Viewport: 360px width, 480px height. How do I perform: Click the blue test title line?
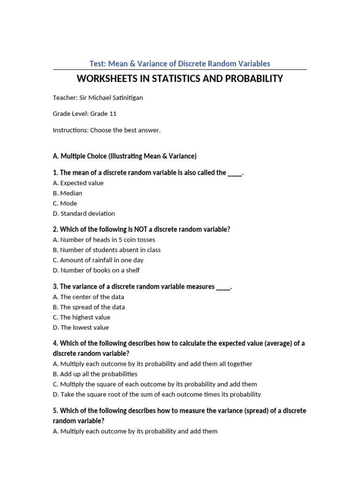click(x=180, y=63)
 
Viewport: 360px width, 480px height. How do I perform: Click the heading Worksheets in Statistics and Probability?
click(x=180, y=78)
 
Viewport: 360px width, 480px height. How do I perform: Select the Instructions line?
click(x=106, y=130)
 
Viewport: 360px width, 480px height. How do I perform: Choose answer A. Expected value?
click(x=78, y=183)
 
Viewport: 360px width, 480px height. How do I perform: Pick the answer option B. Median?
click(x=67, y=193)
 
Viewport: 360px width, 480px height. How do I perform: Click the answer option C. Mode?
click(x=65, y=203)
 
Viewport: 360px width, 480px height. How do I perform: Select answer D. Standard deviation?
click(x=84, y=213)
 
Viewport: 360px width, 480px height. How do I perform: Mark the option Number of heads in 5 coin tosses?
click(x=104, y=240)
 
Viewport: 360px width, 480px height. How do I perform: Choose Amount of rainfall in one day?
click(x=98, y=260)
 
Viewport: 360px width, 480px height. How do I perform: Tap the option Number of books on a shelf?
click(x=96, y=270)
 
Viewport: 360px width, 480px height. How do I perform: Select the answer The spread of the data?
click(x=89, y=307)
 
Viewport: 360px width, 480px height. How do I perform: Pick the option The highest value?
click(x=82, y=317)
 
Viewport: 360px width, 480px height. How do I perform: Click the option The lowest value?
click(x=81, y=327)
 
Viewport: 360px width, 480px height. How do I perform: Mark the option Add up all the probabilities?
click(x=95, y=374)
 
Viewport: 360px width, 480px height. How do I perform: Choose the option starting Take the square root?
click(x=157, y=394)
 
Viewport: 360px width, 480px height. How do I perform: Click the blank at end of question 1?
click(x=235, y=173)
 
